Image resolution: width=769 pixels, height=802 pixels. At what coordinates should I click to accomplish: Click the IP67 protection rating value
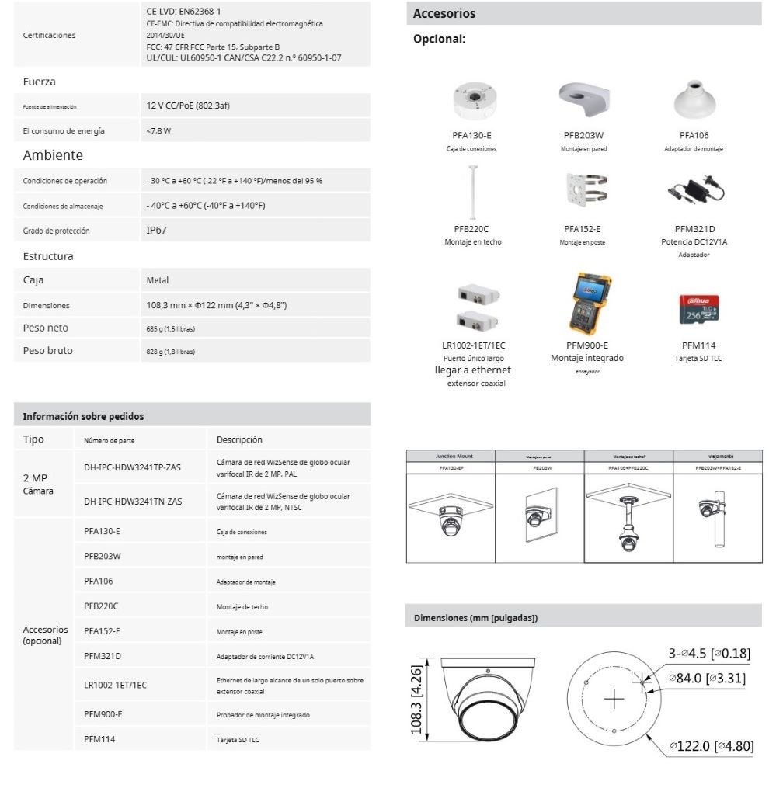156,231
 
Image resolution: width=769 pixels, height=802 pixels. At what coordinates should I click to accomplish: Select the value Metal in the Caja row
158,280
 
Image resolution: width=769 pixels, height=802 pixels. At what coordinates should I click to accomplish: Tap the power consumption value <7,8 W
158,131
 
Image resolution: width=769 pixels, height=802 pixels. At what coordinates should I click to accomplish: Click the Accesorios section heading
444,14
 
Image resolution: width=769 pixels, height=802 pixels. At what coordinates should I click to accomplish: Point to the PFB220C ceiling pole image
471,193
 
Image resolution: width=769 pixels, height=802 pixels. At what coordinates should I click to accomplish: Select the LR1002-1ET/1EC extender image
473,307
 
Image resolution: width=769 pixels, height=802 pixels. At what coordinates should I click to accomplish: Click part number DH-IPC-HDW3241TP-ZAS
133,467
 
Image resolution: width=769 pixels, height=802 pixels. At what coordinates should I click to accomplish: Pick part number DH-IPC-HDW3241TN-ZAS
133,502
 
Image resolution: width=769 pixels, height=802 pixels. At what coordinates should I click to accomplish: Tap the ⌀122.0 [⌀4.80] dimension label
711,746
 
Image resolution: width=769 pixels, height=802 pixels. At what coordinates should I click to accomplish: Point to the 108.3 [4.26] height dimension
417,699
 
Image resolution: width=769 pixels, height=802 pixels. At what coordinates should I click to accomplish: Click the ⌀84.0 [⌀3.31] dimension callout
708,678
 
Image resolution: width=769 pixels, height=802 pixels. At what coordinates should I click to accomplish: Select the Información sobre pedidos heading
83,416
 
